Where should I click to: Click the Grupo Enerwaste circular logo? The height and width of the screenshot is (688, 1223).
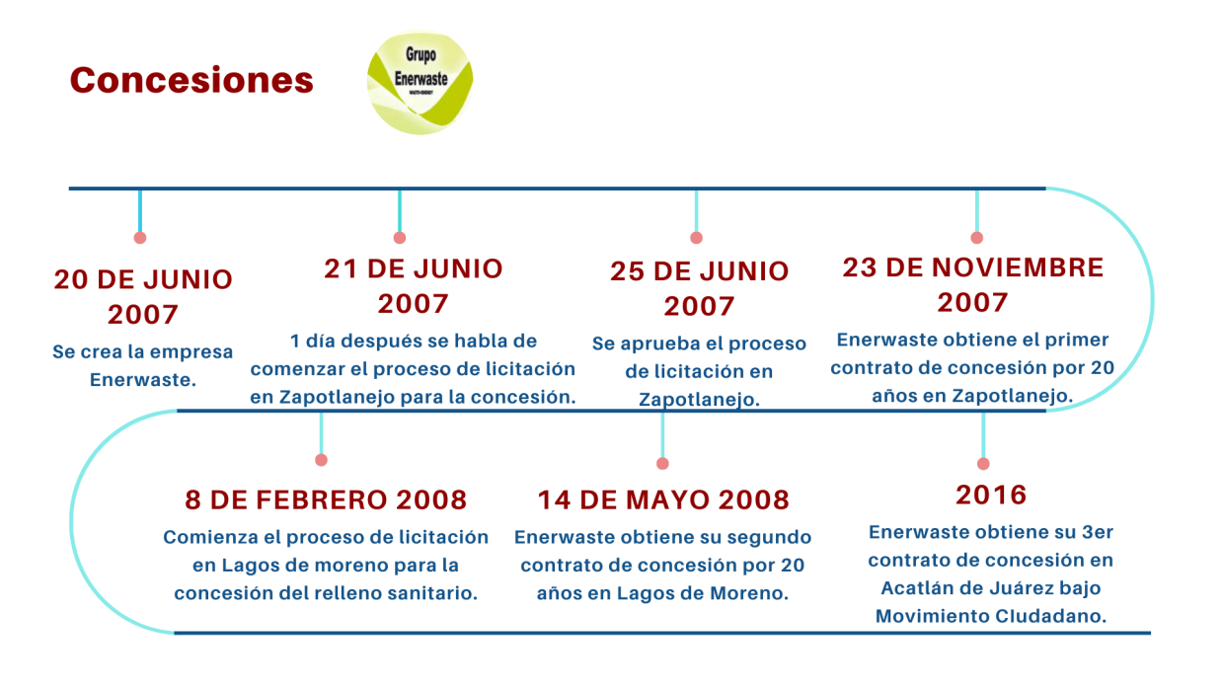tap(420, 81)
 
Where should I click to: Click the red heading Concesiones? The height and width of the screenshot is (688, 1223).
tap(191, 80)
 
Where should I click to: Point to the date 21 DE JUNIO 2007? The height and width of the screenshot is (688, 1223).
tap(414, 285)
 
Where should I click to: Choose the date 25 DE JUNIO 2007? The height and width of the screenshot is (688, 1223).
tap(699, 288)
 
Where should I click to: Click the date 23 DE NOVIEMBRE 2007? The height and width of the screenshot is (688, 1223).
tap(972, 284)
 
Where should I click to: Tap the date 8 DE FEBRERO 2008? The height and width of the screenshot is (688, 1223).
tap(326, 499)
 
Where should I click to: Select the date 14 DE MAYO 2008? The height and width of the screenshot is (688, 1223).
tap(663, 499)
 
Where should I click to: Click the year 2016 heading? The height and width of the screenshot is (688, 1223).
tap(991, 495)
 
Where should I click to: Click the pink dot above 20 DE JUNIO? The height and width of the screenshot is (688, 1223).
tap(140, 238)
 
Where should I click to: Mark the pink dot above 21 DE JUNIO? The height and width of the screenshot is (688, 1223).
tap(400, 238)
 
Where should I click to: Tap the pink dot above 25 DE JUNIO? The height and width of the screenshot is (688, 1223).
tap(696, 238)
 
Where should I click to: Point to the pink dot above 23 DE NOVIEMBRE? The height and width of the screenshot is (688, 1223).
tap(977, 238)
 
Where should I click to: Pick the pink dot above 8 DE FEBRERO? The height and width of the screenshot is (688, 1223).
tap(321, 460)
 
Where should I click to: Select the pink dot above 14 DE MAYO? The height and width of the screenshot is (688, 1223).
tap(662, 463)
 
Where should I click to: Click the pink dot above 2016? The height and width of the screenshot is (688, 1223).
tap(983, 463)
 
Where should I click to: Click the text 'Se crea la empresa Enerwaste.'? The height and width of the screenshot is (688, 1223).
tap(142, 365)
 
